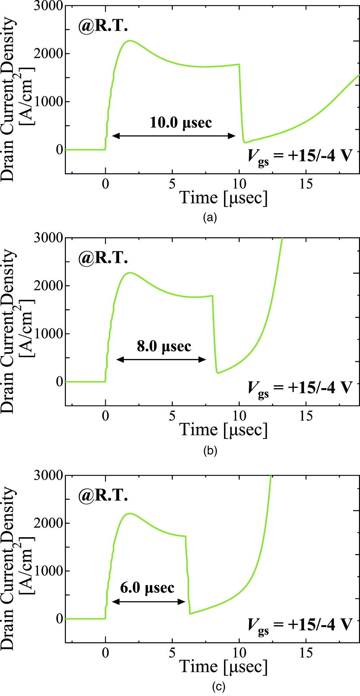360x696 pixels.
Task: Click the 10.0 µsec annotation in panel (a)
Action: click(181, 123)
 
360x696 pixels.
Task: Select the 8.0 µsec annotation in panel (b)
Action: click(164, 346)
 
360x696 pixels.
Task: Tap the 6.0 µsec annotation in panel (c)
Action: click(147, 588)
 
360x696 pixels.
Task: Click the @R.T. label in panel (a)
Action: click(103, 26)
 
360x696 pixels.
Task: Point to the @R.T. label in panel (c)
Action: click(103, 496)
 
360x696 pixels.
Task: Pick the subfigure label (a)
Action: click(210, 217)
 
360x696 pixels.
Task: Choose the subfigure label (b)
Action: click(210, 450)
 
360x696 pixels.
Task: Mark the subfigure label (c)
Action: click(219, 687)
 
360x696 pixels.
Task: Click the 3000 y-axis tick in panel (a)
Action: click(48, 6)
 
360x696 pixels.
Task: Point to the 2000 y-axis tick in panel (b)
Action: click(48, 286)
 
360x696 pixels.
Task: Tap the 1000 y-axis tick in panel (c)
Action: click(48, 571)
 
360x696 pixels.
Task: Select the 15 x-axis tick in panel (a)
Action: click(306, 184)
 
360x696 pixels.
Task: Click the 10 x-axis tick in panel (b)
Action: click(239, 416)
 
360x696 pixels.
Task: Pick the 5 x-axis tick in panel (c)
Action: click(172, 653)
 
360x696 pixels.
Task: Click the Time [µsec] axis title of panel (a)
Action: click(224, 198)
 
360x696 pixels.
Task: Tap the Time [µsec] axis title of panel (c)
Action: click(224, 667)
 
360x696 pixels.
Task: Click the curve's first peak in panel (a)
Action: click(130, 41)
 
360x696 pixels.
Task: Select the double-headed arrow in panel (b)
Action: click(161, 359)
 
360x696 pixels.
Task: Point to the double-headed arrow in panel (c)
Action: click(149, 602)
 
